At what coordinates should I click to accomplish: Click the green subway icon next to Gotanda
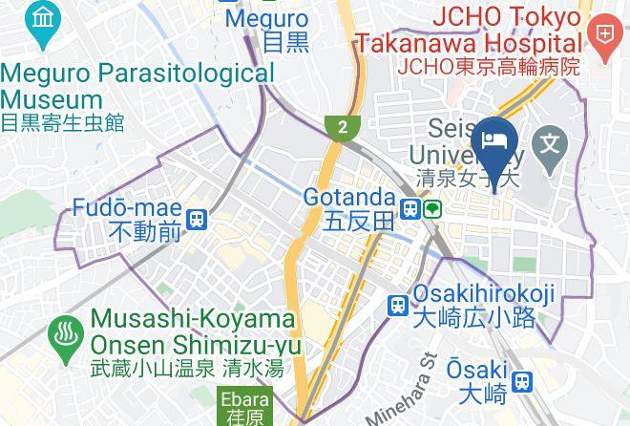433,207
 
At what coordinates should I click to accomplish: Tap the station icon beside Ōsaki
521,382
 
